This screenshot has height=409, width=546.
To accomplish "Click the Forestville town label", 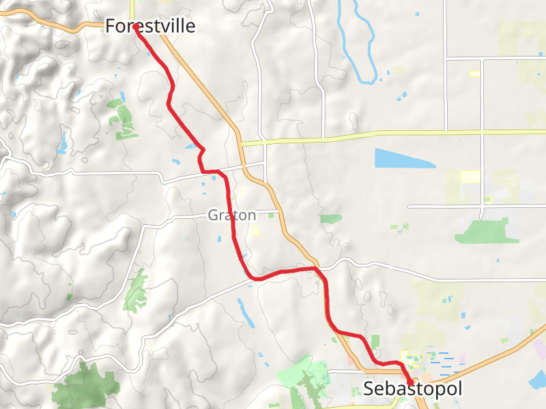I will click(x=149, y=27).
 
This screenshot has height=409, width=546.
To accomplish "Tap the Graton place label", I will click(x=232, y=215).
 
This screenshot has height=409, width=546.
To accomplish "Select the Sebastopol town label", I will click(x=413, y=389).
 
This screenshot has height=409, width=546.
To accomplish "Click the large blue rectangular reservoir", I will click(x=403, y=158).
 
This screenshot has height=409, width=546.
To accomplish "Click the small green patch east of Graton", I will click(x=332, y=219).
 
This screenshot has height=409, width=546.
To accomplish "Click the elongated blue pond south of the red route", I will click(x=244, y=311).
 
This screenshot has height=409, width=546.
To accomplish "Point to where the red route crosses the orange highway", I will click(x=317, y=269).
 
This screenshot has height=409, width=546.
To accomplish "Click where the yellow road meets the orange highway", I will click(x=241, y=143).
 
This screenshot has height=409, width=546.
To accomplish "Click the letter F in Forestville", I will click(x=110, y=27).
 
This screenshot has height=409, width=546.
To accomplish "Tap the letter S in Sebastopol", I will click(x=369, y=389).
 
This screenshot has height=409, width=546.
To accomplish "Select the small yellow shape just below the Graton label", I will click(x=257, y=231).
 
